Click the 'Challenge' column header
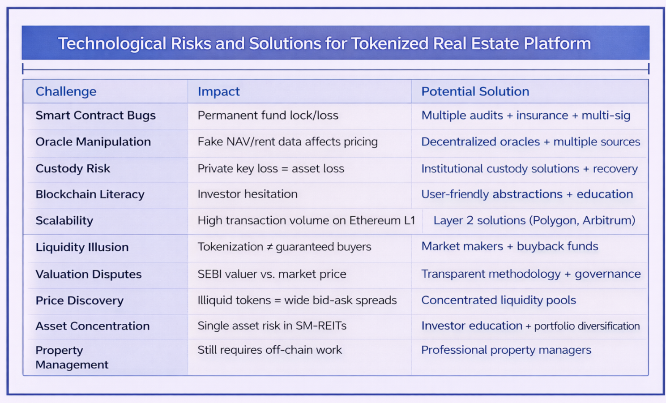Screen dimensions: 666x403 coord(66,91)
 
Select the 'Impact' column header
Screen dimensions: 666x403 coord(218,91)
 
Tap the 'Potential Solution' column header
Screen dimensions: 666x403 coord(475,91)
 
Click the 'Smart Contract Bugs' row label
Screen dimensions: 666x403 coord(95,116)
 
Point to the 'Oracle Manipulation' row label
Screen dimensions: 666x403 coord(93,141)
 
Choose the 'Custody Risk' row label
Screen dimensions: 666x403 coord(73,168)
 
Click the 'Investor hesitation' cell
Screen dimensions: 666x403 coord(248,194)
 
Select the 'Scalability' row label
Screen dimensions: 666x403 coord(64,220)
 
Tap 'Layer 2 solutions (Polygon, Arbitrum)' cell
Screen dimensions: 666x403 coord(534,220)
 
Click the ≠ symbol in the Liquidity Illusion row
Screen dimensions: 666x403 coord(270,247)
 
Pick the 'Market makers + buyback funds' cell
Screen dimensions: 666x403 coord(510,246)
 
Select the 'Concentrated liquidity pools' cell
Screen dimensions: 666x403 coord(499,300)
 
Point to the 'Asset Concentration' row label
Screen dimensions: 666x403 coord(93,326)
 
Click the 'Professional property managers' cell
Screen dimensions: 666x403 coord(506,350)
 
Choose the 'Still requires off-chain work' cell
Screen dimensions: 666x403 coord(270,350)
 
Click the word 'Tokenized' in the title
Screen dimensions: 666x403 coord(389,43)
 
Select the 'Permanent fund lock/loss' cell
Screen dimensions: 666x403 coord(268,116)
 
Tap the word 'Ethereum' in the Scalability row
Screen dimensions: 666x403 coord(374,220)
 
